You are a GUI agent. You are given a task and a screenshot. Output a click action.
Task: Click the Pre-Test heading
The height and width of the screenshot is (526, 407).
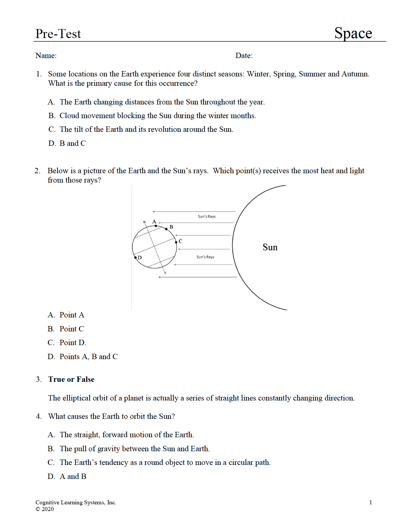pyautogui.click(x=58, y=34)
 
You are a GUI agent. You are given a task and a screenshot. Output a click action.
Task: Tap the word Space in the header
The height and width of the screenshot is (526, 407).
pyautogui.click(x=353, y=33)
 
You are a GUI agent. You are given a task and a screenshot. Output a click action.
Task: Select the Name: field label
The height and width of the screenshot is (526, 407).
pyautogui.click(x=46, y=55)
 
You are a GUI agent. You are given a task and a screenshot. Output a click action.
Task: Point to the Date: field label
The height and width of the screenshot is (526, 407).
pyautogui.click(x=244, y=55)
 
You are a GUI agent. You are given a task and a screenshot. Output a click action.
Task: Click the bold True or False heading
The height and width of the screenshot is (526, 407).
pyautogui.click(x=71, y=379)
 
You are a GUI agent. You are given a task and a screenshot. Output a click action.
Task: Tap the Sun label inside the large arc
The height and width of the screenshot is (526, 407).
pyautogui.click(x=270, y=247)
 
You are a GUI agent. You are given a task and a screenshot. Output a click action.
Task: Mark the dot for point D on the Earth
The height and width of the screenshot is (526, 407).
pyautogui.click(x=135, y=257)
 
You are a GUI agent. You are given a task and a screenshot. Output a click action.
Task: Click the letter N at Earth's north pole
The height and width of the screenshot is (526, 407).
pyautogui.click(x=144, y=222)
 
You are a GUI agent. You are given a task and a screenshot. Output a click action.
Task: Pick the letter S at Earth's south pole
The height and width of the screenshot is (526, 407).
pyautogui.click(x=165, y=273)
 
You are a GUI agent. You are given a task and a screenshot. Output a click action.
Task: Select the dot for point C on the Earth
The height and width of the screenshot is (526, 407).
pyautogui.click(x=176, y=242)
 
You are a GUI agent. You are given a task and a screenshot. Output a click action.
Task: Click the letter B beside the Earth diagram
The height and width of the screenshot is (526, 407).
pyautogui.click(x=171, y=227)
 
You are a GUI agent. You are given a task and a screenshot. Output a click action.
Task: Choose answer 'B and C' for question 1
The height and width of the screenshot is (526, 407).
pyautogui.click(x=73, y=143)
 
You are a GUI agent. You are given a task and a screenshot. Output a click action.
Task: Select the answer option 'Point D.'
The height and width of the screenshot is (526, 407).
pyautogui.click(x=73, y=342)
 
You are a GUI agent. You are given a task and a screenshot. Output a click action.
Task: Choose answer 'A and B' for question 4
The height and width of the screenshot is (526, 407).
pyautogui.click(x=73, y=476)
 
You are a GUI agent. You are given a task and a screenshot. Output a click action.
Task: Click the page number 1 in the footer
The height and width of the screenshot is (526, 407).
pyautogui.click(x=371, y=502)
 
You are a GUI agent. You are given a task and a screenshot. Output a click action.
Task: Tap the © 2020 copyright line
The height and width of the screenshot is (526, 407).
pyautogui.click(x=45, y=509)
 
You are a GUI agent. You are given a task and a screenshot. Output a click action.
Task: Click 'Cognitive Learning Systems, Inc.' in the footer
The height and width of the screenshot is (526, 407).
pyautogui.click(x=76, y=502)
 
